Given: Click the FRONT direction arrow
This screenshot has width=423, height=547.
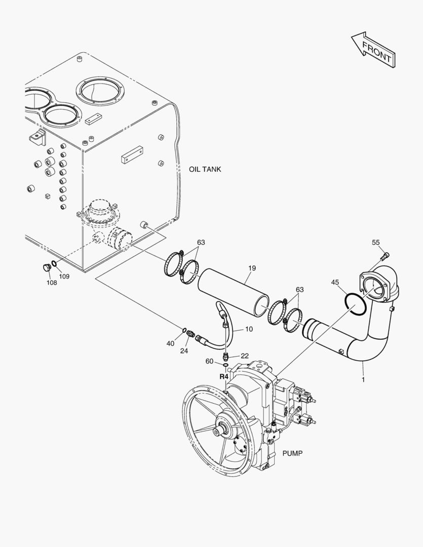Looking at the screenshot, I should (x=372, y=49).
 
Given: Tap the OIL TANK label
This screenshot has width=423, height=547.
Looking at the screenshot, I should (x=205, y=169).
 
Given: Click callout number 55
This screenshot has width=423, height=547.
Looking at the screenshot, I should (x=375, y=243).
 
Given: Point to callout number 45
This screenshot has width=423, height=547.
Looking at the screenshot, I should (x=335, y=282).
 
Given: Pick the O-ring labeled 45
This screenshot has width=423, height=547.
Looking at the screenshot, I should (x=355, y=306).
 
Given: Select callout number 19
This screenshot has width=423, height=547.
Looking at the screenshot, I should (x=252, y=267).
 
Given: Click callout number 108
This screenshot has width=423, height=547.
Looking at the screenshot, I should (x=52, y=283).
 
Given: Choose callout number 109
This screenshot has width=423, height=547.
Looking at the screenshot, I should (x=64, y=276).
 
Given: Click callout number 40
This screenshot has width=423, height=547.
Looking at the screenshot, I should (x=170, y=343).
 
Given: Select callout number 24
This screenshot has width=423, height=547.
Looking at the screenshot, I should (x=184, y=350).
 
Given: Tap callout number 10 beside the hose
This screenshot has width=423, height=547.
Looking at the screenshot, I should (x=249, y=329).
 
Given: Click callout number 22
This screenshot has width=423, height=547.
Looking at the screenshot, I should (x=245, y=356).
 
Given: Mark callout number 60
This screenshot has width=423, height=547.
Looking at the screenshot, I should (x=209, y=361).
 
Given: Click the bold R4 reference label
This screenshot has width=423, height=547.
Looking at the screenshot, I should (x=224, y=377).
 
